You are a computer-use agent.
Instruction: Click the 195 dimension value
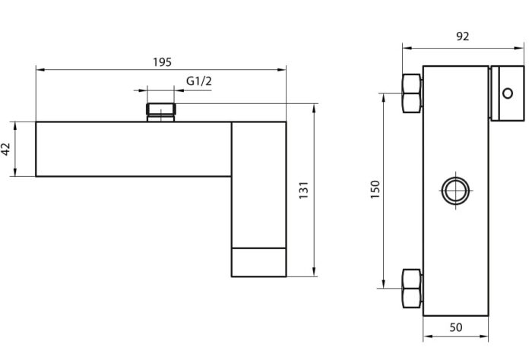point(162,62)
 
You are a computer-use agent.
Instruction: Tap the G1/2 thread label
point(199,81)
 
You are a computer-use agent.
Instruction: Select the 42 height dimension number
point(6,149)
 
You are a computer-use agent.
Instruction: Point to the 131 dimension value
point(304,190)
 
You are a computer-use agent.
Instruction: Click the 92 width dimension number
point(462,36)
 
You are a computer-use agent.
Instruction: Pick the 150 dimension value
point(375,189)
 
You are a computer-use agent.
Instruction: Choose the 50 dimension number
point(456,327)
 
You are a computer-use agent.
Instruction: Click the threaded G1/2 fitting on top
point(161,112)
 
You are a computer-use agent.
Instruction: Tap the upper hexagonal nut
point(412,93)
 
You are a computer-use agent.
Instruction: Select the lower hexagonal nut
point(412,289)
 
